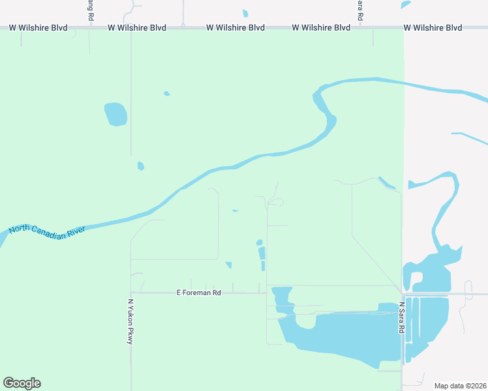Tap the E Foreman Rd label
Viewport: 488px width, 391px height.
(x=199, y=293)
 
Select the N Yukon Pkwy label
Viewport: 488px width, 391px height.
(x=130, y=321)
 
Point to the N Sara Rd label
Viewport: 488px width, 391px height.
(x=402, y=318)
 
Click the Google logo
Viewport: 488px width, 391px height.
(x=22, y=383)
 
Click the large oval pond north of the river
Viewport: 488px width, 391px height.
(x=115, y=114)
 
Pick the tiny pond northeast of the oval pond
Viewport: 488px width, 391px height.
(x=167, y=94)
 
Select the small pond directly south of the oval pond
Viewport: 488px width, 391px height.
(x=141, y=166)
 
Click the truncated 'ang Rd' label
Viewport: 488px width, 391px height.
(x=90, y=9)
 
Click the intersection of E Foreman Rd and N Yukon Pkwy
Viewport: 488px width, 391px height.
(x=131, y=293)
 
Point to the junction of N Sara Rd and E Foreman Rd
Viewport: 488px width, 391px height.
(x=402, y=293)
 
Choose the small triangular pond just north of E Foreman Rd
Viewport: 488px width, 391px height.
(x=228, y=265)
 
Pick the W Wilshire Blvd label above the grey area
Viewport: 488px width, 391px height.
(x=433, y=28)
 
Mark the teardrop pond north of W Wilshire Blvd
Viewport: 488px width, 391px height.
(x=245, y=13)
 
